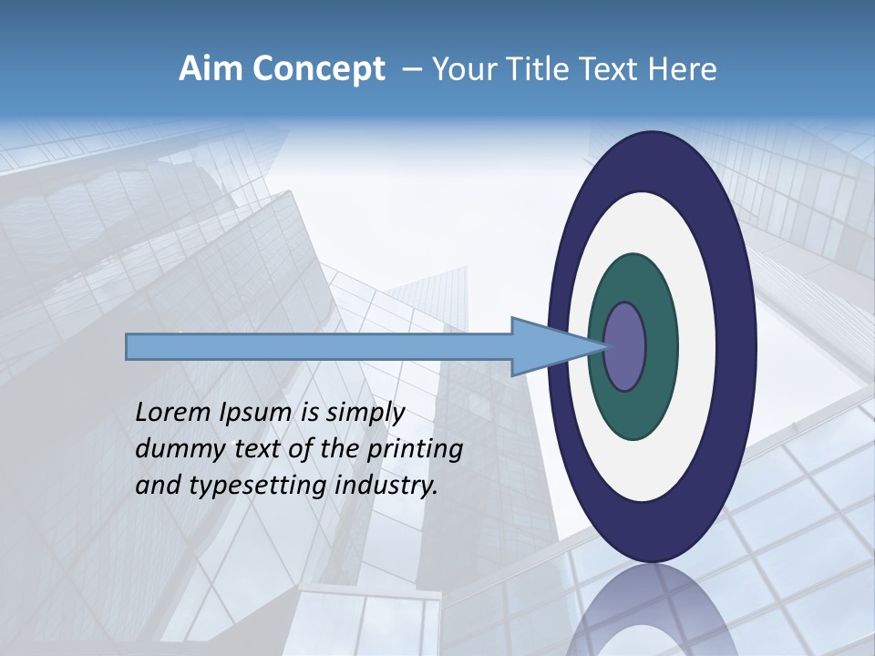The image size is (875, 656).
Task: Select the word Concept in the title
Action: click(318, 69)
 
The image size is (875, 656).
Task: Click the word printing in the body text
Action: click(414, 450)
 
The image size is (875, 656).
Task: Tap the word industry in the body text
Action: click(386, 486)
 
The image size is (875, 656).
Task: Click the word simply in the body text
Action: click(365, 414)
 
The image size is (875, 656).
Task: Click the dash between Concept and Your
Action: click(411, 70)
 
